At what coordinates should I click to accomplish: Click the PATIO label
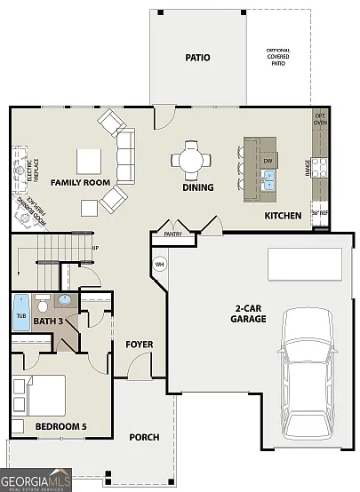coord(197,58)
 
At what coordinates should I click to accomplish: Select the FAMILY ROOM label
coord(80,182)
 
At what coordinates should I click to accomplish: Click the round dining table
coord(191,160)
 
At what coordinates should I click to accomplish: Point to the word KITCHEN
coord(283,216)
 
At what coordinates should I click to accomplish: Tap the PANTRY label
coord(167,235)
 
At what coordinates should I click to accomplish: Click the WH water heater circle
coord(160,264)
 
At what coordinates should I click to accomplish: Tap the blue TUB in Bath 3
coord(20,313)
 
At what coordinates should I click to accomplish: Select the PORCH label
coord(144,437)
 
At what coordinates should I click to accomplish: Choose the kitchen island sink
coord(268,180)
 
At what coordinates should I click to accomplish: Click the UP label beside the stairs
coord(95,248)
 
